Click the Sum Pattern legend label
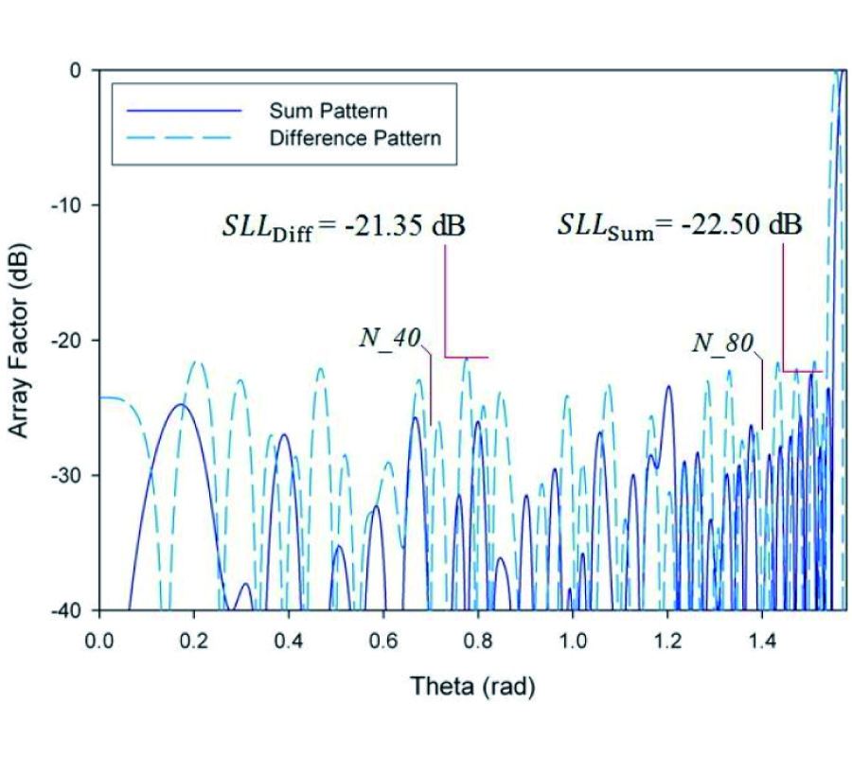tap(328, 112)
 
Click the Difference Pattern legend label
tap(355, 138)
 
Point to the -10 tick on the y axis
tap(75, 205)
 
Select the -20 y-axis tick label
tap(75, 340)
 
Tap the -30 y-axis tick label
tap(75, 475)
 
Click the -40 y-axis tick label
tap(75, 609)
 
